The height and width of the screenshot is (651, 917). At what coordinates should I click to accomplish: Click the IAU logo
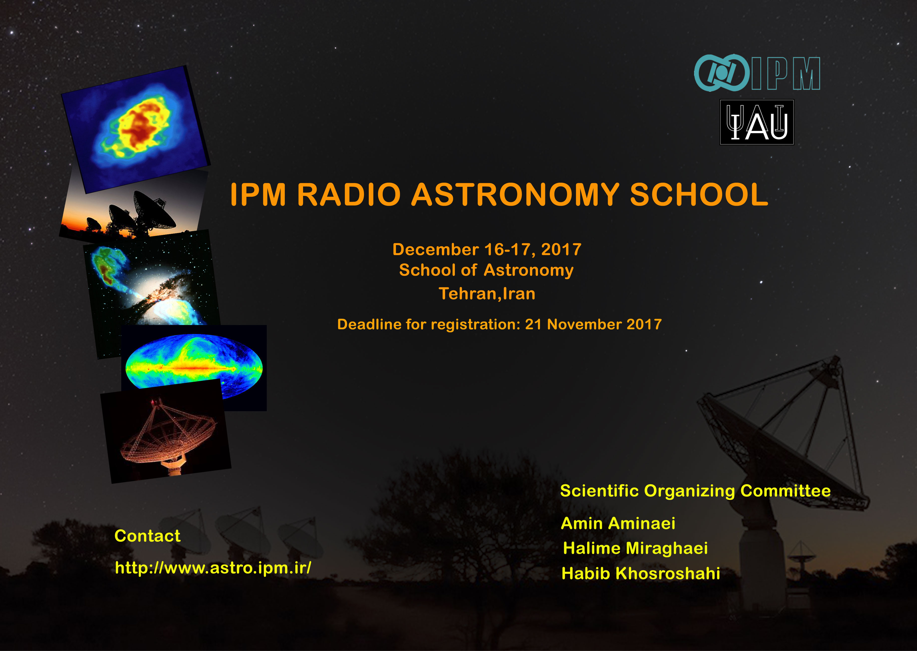tap(757, 122)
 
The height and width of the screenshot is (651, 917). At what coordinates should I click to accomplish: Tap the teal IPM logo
tap(757, 73)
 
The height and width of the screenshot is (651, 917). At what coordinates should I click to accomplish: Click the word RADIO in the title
tap(348, 195)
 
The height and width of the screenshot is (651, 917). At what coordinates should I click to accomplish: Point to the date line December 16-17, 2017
tap(487, 249)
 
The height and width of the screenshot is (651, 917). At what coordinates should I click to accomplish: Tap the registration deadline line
tap(499, 324)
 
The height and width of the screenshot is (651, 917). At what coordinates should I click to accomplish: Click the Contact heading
tap(148, 536)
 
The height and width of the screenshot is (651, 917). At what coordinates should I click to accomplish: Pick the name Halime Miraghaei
tap(635, 548)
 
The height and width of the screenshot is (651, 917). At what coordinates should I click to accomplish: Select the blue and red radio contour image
tap(136, 129)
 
